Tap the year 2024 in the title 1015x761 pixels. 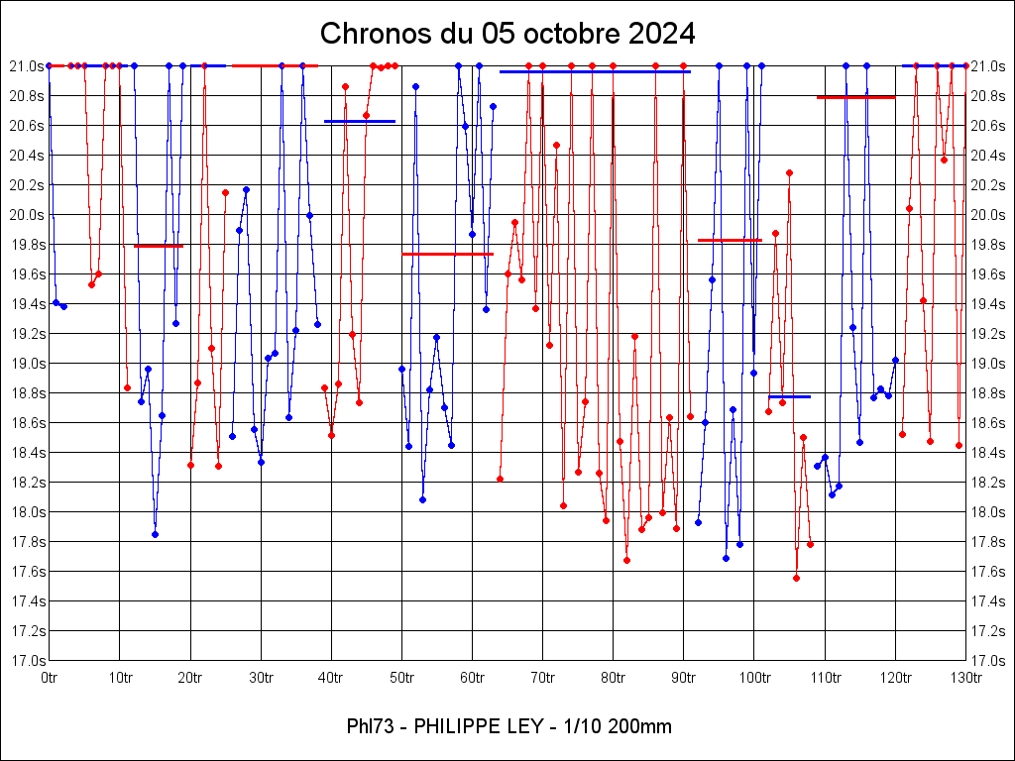point(654,34)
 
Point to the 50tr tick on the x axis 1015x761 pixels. point(401,678)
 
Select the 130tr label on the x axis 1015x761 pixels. point(966,678)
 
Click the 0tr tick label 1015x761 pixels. point(49,678)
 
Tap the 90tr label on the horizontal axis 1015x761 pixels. point(684,678)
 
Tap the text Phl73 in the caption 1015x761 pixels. point(369,727)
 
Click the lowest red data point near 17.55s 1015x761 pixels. point(796,578)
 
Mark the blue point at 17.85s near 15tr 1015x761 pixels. point(155,534)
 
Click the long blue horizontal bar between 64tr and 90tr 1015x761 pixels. point(595,71)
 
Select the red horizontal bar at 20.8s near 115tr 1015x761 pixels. point(855,97)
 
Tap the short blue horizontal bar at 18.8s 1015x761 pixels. point(789,396)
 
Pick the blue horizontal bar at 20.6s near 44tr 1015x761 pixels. point(360,121)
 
